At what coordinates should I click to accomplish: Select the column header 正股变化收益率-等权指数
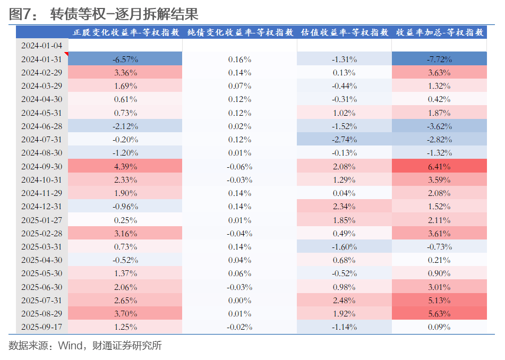click(x=125, y=32)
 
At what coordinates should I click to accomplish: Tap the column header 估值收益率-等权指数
click(x=344, y=32)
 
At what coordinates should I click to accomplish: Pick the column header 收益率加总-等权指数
click(x=439, y=32)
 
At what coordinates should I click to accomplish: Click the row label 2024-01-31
click(x=41, y=59)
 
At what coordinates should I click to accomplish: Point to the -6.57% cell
click(x=125, y=59)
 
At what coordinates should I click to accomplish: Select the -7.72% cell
click(x=439, y=59)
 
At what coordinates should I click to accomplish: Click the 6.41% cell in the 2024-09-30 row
click(x=439, y=166)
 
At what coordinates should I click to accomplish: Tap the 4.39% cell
click(x=125, y=166)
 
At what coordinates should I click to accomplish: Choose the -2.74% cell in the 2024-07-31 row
click(x=344, y=140)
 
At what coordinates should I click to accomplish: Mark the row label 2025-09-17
click(x=41, y=327)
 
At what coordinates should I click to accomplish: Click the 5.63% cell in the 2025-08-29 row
click(x=439, y=314)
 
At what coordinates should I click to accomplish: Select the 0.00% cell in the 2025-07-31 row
click(x=239, y=301)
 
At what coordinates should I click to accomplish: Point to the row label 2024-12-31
click(x=41, y=207)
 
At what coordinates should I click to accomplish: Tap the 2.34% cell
click(x=344, y=207)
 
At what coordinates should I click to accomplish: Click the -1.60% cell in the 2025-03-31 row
click(x=344, y=247)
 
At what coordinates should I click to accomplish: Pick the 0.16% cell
click(x=239, y=59)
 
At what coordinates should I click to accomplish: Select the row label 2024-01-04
click(x=41, y=46)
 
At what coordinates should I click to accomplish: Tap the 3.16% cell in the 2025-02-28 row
click(x=125, y=234)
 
